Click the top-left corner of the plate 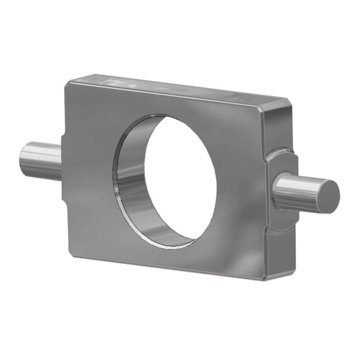[x=66, y=82]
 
